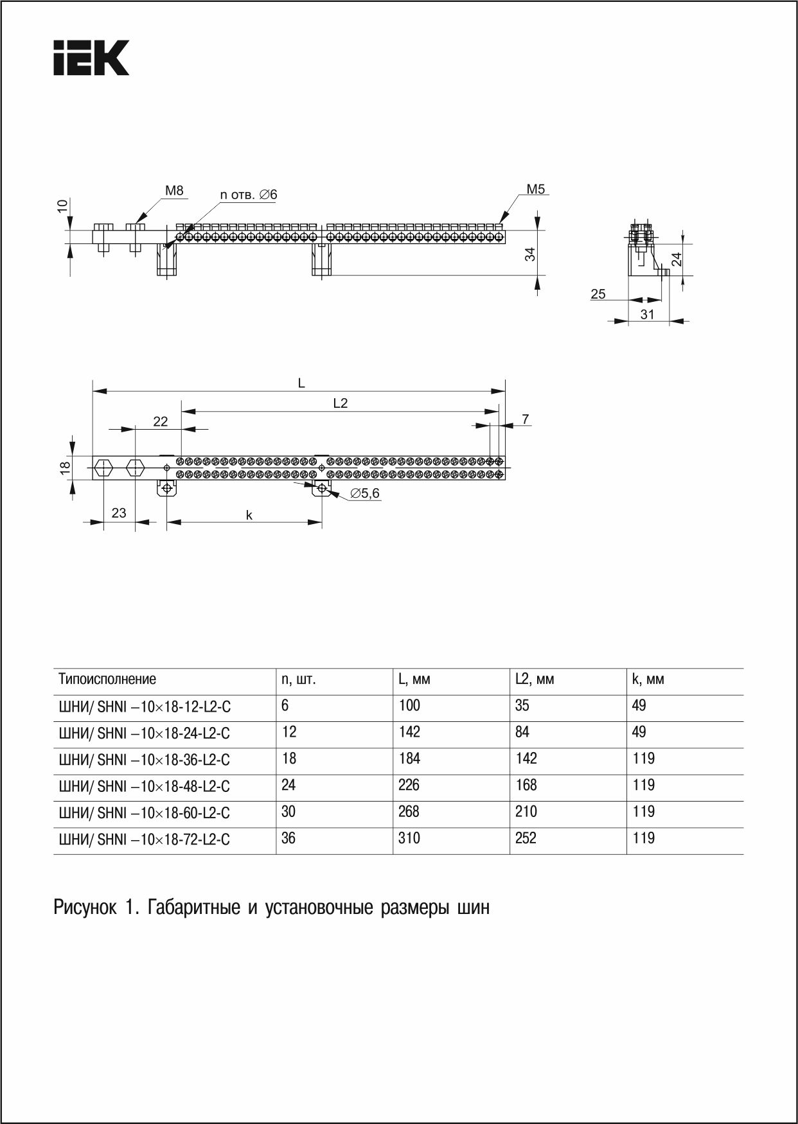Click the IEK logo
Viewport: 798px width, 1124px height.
(x=91, y=58)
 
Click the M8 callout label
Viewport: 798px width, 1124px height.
(x=174, y=191)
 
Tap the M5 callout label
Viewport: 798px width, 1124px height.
(x=535, y=189)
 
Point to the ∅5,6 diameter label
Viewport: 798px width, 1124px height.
(x=365, y=493)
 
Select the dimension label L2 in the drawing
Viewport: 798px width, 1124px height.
(x=340, y=403)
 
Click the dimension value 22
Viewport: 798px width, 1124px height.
(x=160, y=421)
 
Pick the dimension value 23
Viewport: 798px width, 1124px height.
(x=119, y=513)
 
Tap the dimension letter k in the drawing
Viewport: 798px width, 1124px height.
(x=249, y=515)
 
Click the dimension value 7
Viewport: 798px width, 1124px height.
(x=525, y=419)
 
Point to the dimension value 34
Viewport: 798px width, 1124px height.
(x=530, y=254)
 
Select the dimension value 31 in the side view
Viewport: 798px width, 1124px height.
(x=647, y=314)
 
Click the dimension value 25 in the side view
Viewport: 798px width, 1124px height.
(x=598, y=294)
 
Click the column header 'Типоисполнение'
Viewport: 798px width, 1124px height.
(x=107, y=680)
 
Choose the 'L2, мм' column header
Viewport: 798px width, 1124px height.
(x=535, y=680)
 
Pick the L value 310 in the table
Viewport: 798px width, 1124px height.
(x=409, y=838)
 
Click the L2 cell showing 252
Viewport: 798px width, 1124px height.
(x=526, y=838)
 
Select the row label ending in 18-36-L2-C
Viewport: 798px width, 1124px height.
(x=145, y=760)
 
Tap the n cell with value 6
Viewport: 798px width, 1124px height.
(x=285, y=705)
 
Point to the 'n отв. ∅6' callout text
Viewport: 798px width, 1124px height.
(x=249, y=195)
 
